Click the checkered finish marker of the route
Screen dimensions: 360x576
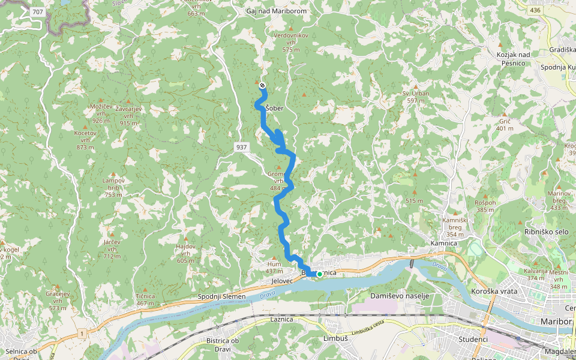coord(262,86)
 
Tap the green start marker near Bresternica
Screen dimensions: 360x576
coord(319,274)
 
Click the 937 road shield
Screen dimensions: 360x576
coord(241,147)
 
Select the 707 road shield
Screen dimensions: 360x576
coord(38,11)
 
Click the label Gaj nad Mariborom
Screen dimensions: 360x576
coord(277,11)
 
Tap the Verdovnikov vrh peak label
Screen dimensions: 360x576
coord(291,38)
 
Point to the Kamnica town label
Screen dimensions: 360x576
coord(444,244)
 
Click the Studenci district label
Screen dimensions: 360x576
coord(472,339)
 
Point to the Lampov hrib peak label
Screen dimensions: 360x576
coord(113,184)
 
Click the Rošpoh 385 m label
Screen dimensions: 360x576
coord(486,206)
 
